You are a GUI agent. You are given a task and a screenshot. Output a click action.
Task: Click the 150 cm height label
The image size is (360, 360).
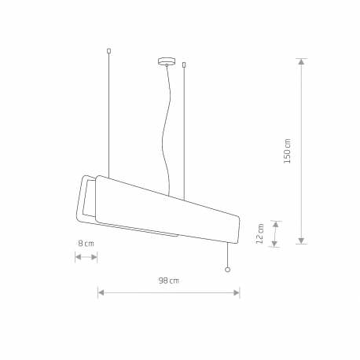(287, 151)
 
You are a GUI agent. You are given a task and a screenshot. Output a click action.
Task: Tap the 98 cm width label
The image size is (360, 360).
(168, 281)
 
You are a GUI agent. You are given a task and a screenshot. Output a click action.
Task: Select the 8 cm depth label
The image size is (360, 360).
(86, 244)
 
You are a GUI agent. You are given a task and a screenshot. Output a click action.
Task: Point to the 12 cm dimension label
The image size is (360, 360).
(259, 233)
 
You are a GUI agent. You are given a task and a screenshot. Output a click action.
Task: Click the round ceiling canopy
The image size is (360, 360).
(167, 61)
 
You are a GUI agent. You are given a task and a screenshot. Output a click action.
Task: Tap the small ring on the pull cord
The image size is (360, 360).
(227, 270)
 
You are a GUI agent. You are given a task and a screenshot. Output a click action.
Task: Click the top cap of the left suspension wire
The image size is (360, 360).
(109, 51)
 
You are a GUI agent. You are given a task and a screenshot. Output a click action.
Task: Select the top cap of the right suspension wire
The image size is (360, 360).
(184, 64)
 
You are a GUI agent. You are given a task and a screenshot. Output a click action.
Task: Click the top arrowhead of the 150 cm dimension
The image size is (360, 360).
(302, 61)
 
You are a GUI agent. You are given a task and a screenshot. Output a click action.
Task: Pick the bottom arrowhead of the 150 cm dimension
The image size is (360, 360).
(302, 241)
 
